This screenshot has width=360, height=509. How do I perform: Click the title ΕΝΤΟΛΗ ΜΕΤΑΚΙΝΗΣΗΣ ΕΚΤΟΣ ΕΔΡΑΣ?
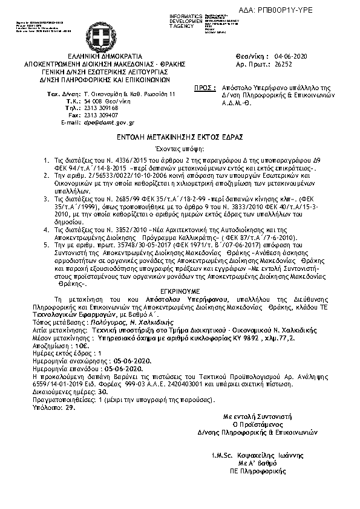(x=180, y=138)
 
